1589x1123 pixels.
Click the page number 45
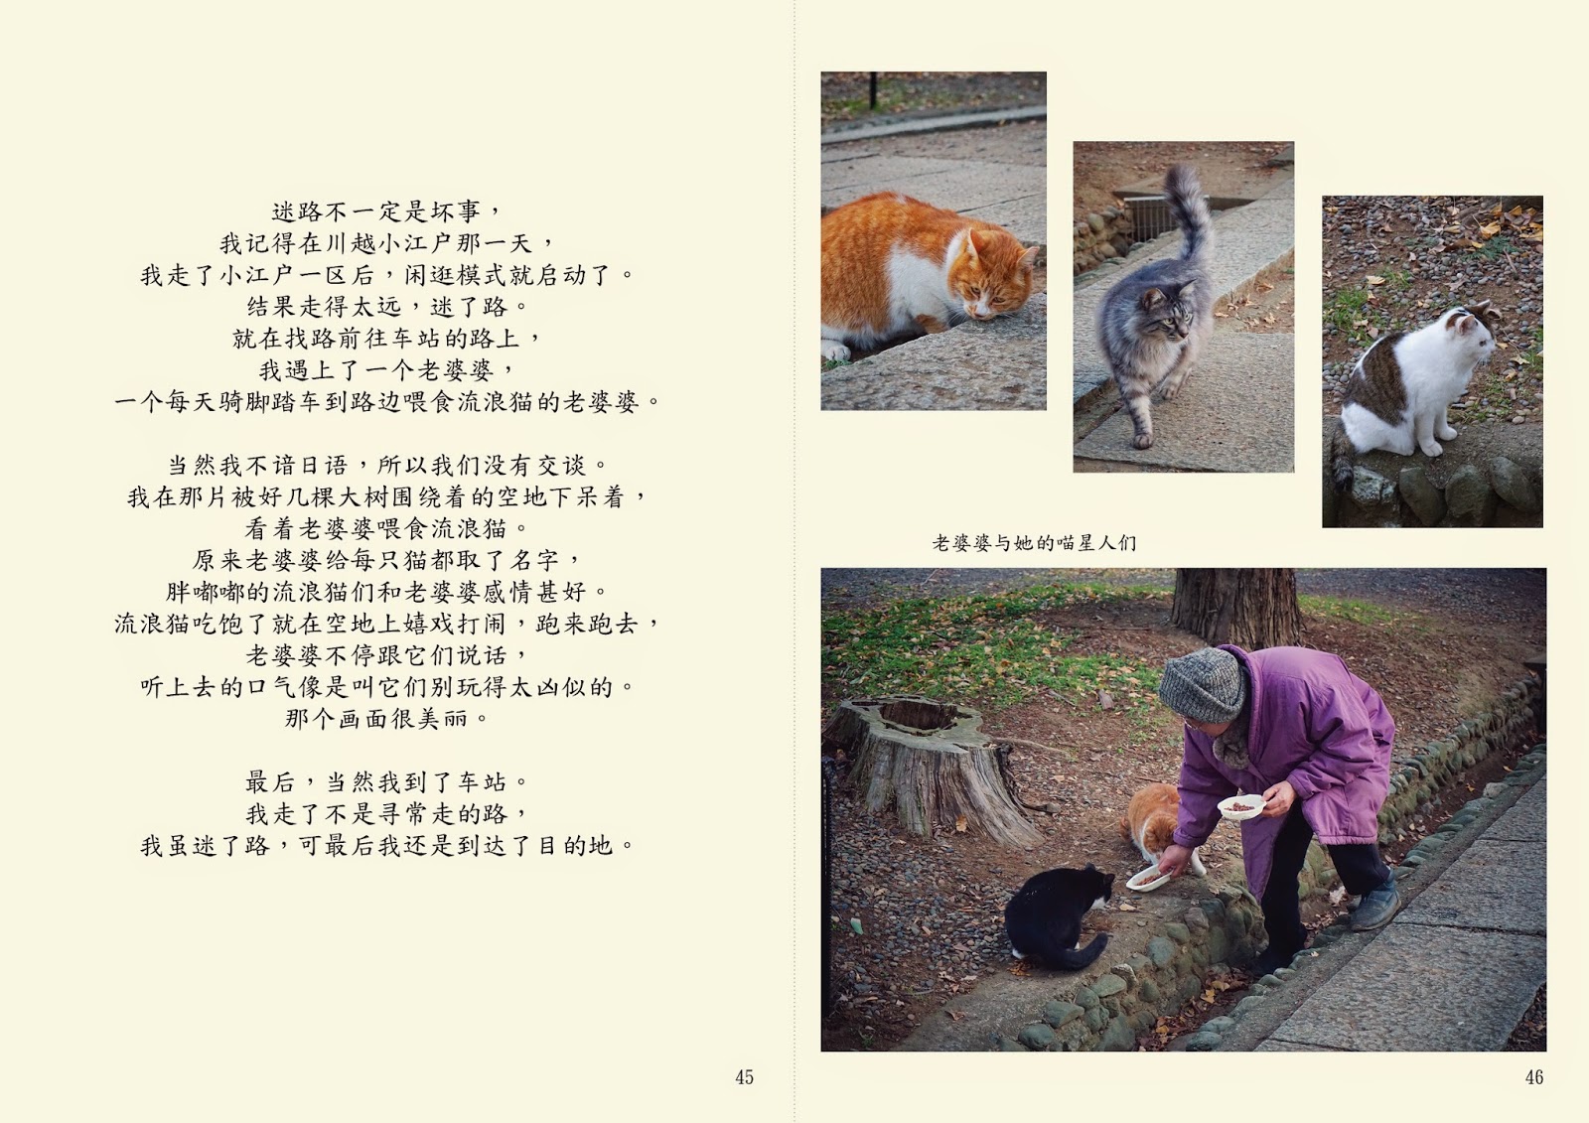click(744, 1077)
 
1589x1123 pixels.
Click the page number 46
click(1534, 1077)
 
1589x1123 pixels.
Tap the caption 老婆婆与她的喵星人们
click(1034, 543)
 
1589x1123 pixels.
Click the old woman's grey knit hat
click(1203, 684)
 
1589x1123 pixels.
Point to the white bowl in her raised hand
click(1240, 806)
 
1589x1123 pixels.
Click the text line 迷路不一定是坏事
click(386, 211)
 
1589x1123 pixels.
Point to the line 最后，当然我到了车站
click(386, 781)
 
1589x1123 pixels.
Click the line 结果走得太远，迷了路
click(386, 307)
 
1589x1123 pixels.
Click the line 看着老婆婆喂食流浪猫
click(386, 528)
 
